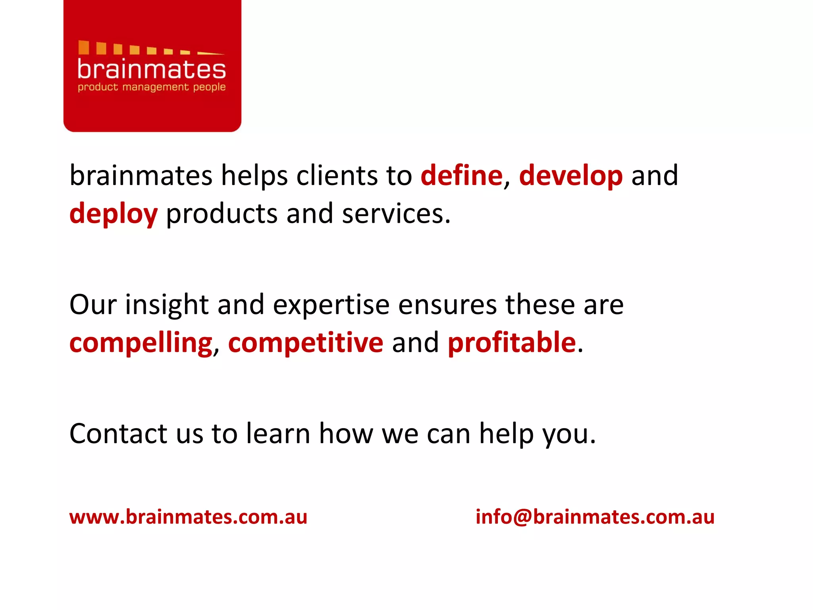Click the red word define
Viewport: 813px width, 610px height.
click(461, 176)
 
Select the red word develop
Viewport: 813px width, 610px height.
click(571, 176)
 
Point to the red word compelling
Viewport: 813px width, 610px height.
click(141, 343)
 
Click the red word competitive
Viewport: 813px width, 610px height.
click(306, 342)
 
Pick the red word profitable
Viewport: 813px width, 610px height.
click(512, 342)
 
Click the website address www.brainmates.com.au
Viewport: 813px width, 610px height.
click(188, 517)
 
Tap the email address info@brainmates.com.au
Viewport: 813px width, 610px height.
click(595, 517)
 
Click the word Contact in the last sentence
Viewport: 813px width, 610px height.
click(118, 433)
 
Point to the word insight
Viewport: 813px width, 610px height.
click(167, 305)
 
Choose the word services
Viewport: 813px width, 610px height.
click(395, 214)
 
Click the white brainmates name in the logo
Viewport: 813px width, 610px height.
click(152, 69)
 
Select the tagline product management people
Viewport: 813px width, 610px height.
click(152, 87)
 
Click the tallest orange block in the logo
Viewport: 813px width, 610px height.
click(83, 47)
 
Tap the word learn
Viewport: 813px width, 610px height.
click(278, 433)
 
